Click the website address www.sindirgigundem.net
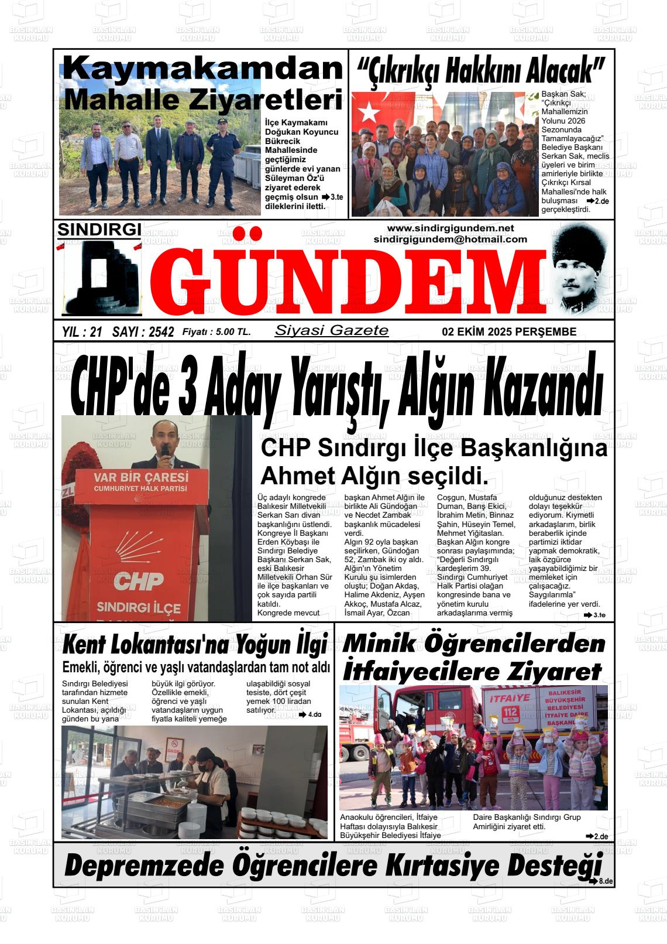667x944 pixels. coord(450,228)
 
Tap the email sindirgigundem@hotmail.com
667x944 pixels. coord(450,240)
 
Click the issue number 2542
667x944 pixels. coord(161,333)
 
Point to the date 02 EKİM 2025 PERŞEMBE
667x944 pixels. coord(509,332)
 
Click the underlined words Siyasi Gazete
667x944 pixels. coord(331,330)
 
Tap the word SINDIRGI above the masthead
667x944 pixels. coord(99,230)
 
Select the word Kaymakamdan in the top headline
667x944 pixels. coord(202,69)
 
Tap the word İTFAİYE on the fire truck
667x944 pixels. coord(508,698)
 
